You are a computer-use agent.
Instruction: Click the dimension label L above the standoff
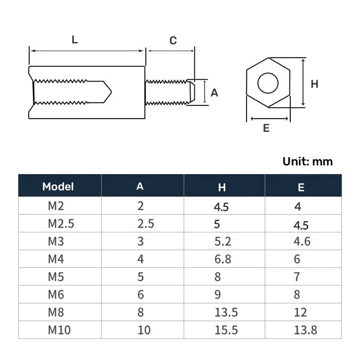click(x=75, y=40)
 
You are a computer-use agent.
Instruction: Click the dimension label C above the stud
click(x=173, y=41)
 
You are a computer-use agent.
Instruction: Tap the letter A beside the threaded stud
click(x=215, y=93)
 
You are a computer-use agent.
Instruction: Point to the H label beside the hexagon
click(x=315, y=84)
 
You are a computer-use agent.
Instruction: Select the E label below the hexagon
click(x=266, y=128)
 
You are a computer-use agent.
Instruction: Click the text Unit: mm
click(x=308, y=162)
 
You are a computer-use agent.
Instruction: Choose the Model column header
click(x=58, y=186)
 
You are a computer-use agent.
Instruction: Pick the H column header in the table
click(x=222, y=188)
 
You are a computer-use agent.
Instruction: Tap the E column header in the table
click(x=301, y=188)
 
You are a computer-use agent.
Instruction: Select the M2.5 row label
click(x=61, y=224)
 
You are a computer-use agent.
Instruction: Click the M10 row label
click(x=59, y=330)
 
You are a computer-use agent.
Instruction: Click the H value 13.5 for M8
click(x=227, y=312)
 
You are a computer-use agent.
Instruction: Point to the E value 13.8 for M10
click(x=305, y=330)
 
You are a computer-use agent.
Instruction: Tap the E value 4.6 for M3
click(x=301, y=241)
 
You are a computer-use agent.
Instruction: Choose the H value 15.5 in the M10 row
click(x=227, y=330)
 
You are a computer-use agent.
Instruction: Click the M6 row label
click(x=56, y=294)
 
